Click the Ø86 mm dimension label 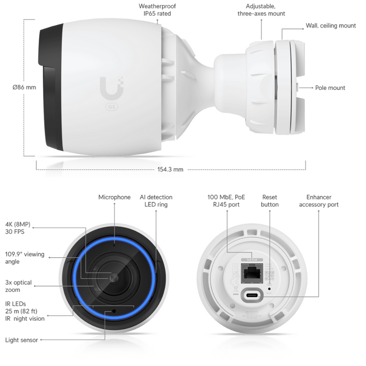point(24,87)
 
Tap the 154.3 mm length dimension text point(170,169)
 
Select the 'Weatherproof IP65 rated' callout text point(157,10)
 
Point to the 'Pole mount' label point(330,88)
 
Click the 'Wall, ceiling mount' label point(331,25)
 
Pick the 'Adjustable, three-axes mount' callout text point(261,10)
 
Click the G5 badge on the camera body point(111,107)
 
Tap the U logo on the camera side point(111,88)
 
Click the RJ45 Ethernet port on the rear point(252,272)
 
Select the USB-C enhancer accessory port point(252,295)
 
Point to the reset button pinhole point(269,289)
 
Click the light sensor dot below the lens point(114,311)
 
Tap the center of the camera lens point(114,278)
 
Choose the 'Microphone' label point(114,197)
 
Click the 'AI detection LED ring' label point(156,201)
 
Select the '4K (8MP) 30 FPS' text point(18,228)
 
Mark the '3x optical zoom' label point(18,286)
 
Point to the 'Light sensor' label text point(21,340)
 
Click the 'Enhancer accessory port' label point(319,201)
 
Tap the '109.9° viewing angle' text point(24,258)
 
